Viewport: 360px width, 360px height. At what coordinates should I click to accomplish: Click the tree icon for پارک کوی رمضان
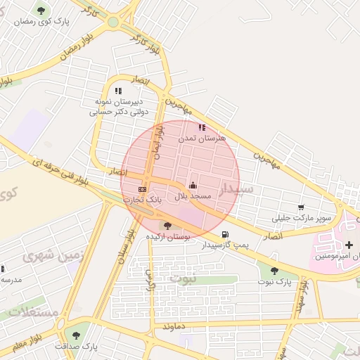click(41, 11)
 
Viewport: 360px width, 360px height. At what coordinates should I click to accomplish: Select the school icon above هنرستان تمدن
click(202, 128)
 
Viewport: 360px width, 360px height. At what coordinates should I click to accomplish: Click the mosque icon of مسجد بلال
click(193, 185)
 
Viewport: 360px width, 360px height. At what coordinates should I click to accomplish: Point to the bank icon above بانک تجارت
click(143, 189)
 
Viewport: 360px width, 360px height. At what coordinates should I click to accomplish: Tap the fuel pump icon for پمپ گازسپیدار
click(224, 235)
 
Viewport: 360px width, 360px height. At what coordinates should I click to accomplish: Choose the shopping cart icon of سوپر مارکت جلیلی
click(301, 207)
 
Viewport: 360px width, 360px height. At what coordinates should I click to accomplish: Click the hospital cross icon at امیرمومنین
click(349, 244)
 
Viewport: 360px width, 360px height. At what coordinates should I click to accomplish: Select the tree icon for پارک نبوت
click(274, 271)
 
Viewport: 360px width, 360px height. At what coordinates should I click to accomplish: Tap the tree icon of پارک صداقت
click(76, 335)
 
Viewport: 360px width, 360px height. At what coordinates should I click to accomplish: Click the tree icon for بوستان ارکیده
click(167, 226)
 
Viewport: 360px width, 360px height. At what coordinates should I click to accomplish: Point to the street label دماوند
click(172, 327)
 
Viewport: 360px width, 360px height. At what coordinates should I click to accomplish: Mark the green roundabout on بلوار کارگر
click(112, 22)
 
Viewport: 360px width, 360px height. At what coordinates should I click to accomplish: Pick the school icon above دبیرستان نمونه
click(118, 91)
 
